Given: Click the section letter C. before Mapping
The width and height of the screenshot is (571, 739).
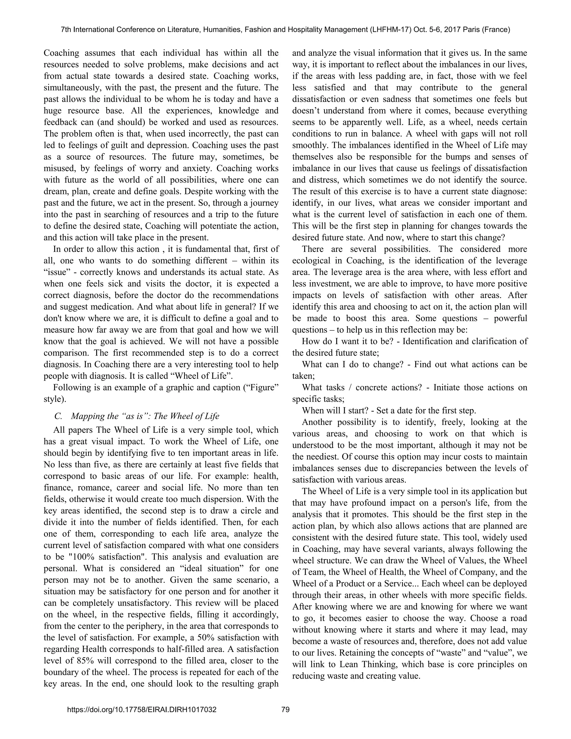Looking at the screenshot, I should (x=58, y=416).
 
